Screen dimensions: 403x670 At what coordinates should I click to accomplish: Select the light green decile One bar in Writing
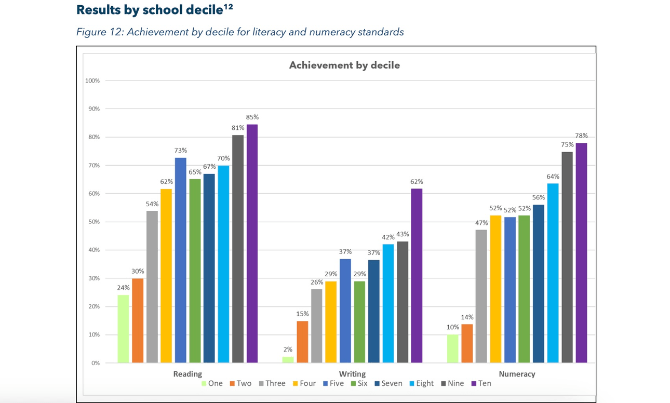[288, 359]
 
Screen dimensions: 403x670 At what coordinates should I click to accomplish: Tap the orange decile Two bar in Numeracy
[467, 343]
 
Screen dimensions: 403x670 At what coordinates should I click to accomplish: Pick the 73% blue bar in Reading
[180, 260]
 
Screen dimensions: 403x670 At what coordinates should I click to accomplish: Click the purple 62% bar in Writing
[417, 275]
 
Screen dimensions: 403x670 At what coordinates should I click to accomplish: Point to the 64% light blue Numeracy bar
[553, 273]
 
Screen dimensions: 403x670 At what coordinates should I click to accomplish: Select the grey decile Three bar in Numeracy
[481, 296]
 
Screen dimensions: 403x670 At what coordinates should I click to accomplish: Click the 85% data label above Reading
[252, 117]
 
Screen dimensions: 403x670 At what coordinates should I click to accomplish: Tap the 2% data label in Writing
[288, 350]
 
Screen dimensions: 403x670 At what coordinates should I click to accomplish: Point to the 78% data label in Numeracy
[581, 136]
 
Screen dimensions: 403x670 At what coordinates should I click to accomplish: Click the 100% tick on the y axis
[92, 80]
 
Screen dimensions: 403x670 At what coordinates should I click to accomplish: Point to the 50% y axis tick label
[93, 222]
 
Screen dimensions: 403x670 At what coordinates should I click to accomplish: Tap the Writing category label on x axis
[352, 373]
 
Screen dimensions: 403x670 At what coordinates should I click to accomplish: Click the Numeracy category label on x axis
[517, 373]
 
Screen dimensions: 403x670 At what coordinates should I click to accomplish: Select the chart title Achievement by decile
[344, 65]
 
